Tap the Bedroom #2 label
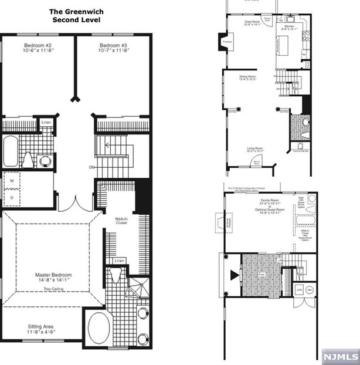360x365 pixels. click(38, 45)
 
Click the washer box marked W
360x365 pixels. click(11, 181)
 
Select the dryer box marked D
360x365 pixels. click(11, 197)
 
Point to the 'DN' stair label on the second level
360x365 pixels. click(91, 167)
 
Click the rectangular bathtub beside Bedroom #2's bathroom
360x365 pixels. click(11, 151)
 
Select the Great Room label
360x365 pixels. click(252, 22)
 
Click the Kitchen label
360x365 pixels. click(289, 27)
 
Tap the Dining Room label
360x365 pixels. click(247, 76)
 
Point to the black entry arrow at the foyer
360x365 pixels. click(235, 275)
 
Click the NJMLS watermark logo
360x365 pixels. click(339, 356)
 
